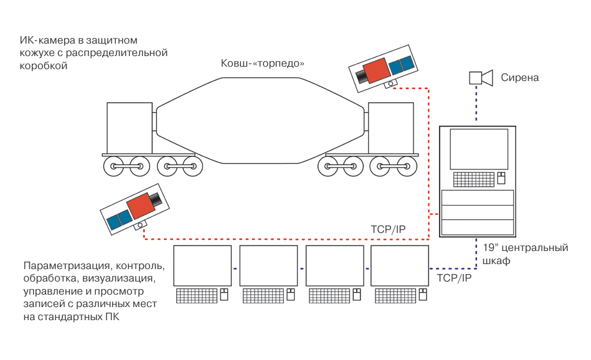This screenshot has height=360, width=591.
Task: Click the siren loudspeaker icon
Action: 480,78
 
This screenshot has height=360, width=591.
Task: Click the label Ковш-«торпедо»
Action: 262,64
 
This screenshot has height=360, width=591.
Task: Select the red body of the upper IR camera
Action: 376,71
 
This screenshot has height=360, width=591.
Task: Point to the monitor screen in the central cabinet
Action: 478,148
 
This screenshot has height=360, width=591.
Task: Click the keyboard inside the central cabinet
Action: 473,179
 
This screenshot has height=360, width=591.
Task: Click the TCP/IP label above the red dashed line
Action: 388,230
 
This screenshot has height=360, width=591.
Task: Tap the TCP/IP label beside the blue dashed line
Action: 454,278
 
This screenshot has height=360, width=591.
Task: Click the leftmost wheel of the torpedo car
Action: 115,166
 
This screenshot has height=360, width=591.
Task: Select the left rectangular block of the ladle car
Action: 130,128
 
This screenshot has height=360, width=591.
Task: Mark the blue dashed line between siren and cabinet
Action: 477,106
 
